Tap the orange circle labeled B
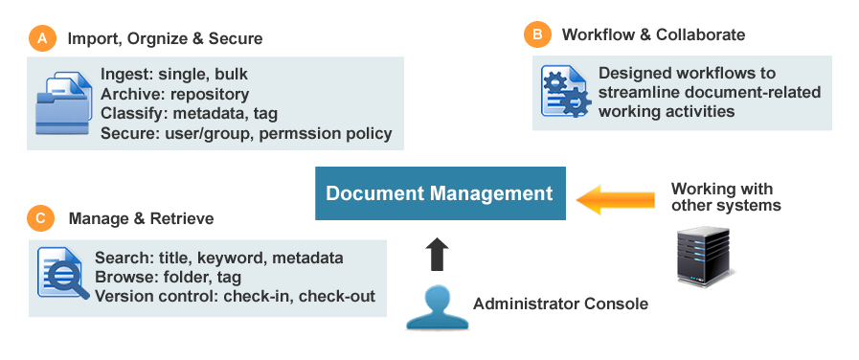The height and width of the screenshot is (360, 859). pos(537,35)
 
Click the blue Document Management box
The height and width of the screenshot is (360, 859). pos(440,193)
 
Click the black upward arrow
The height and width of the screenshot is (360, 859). pos(437,254)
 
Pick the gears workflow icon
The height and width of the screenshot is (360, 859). pos(564,92)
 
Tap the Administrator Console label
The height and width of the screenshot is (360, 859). pos(560,304)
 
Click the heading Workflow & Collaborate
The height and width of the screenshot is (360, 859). pos(653,35)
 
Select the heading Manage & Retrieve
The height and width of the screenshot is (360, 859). pos(141,219)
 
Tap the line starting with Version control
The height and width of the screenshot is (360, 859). pos(235,296)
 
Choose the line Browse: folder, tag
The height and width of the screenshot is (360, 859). pos(169,277)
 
